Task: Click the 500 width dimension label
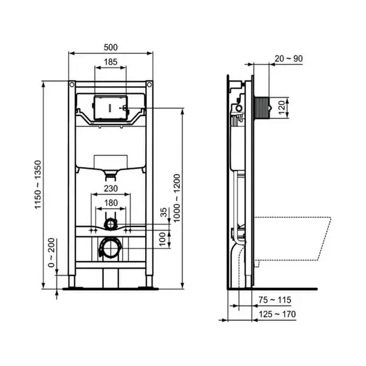coord(110,47)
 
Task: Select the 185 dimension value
coord(110,62)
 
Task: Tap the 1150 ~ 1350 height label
coord(38,185)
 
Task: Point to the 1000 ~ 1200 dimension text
coord(177,198)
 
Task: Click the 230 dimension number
coord(110,188)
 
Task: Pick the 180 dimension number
coord(111,203)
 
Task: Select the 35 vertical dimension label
coord(164,212)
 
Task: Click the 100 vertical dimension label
coord(162,239)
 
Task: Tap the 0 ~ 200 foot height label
coord(51,252)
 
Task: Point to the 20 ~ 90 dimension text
coord(288,59)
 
